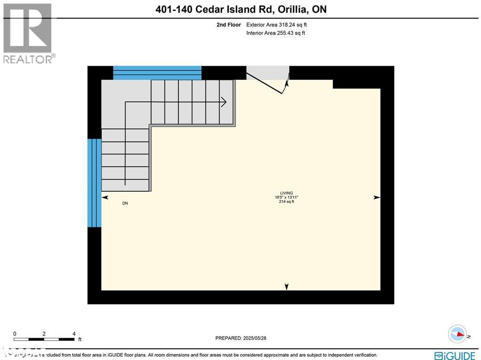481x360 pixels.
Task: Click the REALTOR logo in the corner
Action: coord(28,33)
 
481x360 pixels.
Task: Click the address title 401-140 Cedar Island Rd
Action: coord(240,9)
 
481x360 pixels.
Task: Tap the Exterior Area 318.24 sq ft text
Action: coord(277,25)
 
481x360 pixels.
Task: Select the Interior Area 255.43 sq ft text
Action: coord(276,33)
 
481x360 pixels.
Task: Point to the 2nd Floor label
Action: coord(229,25)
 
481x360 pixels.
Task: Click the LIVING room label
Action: coord(287,193)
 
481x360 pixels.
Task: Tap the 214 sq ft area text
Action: coord(287,202)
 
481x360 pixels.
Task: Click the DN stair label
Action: coord(125,203)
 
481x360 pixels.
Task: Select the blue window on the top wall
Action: coord(157,73)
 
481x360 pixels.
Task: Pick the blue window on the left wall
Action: coord(94,182)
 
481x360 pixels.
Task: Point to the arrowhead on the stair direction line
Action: coord(224,102)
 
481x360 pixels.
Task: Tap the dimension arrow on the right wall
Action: coord(376,198)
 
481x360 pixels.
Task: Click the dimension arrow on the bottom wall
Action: coord(287,287)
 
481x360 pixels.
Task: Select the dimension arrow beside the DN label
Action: coord(105,198)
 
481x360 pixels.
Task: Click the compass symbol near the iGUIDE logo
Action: coord(457,334)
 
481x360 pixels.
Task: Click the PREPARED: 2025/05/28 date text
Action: coord(240,338)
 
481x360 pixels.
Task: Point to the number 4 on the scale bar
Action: coord(74,333)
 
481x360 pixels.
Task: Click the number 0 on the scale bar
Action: coord(15,333)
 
